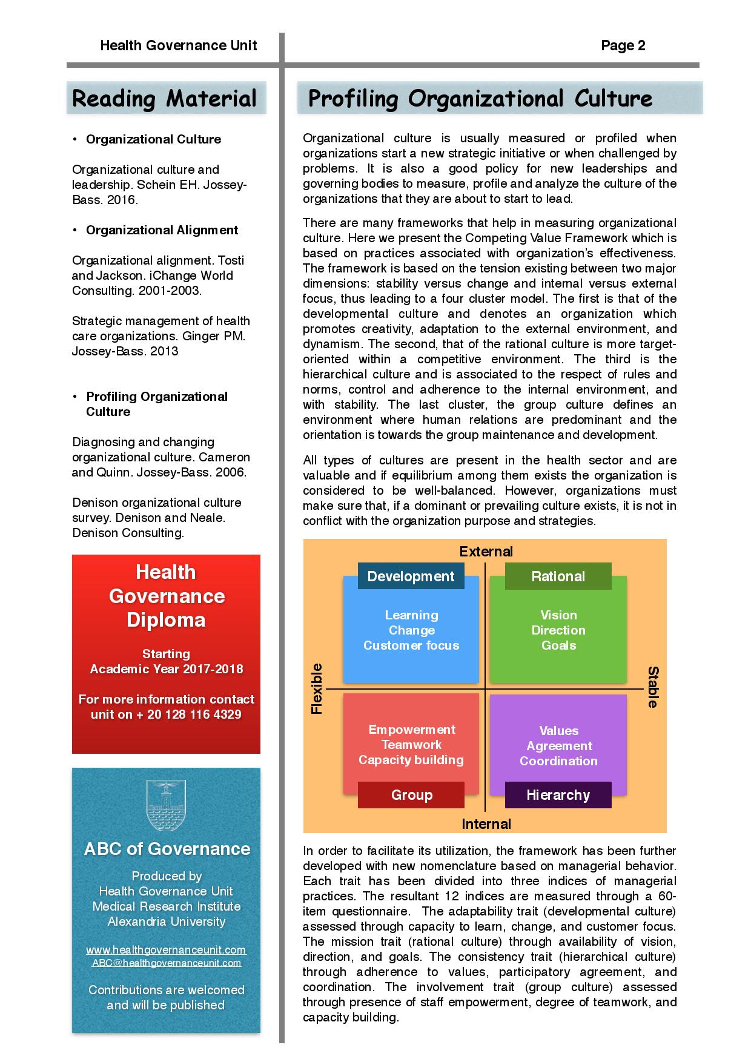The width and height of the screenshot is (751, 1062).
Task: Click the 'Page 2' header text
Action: tap(623, 45)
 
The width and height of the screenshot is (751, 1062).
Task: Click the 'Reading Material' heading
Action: tap(165, 98)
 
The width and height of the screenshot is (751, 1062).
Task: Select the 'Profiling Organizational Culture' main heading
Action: tap(480, 98)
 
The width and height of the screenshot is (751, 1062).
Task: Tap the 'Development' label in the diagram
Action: tap(411, 576)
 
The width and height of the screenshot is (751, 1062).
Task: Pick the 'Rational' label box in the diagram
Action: tap(558, 576)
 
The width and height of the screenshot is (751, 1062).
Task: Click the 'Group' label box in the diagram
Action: tap(411, 795)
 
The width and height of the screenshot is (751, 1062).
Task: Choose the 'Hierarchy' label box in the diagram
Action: tap(558, 795)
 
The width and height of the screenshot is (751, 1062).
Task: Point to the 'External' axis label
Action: tap(486, 552)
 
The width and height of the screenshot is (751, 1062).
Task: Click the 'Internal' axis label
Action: tap(486, 824)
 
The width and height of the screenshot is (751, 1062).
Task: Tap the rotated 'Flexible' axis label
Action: tap(317, 689)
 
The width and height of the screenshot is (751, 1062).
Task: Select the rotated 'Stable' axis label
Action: tap(653, 687)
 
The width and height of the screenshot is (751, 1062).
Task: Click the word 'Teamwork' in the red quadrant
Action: tap(411, 745)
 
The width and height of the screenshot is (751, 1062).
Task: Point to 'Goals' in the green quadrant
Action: tap(558, 645)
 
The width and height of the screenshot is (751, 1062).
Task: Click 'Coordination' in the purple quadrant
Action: tap(558, 761)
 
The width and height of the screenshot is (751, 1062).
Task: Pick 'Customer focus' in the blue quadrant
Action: tap(411, 645)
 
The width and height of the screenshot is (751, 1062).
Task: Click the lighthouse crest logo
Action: tap(165, 805)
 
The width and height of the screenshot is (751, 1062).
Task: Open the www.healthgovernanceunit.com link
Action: tap(166, 950)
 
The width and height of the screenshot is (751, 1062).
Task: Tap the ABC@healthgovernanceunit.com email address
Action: tap(166, 963)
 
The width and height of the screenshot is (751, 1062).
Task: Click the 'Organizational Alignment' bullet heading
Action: tap(162, 230)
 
